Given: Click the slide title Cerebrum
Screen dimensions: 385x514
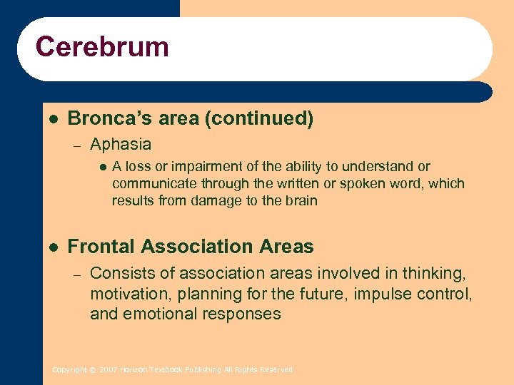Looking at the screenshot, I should tap(102, 47).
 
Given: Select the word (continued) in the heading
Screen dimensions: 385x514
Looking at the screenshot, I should tap(259, 118).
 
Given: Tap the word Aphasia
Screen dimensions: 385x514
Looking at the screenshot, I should tap(121, 145).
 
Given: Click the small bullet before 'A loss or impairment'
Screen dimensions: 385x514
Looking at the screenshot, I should tap(101, 167).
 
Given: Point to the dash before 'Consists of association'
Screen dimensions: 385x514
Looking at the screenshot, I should tap(77, 274).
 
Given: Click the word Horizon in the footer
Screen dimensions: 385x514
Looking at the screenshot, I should tap(133, 370).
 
